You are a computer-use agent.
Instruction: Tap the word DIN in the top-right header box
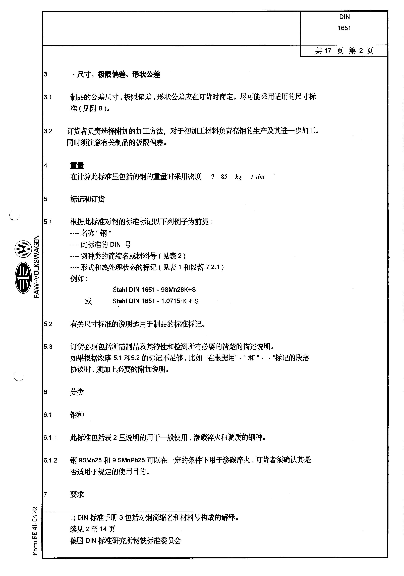(344, 17)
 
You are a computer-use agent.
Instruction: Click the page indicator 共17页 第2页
(344, 51)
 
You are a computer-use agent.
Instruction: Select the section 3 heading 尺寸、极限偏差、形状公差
(118, 74)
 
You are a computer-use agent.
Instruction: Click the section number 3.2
(48, 131)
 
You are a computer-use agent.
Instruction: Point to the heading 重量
(77, 166)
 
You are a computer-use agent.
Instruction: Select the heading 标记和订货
(87, 199)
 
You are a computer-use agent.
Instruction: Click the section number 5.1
(48, 222)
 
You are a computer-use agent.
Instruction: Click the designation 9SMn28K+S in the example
(178, 290)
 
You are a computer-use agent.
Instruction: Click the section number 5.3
(48, 347)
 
